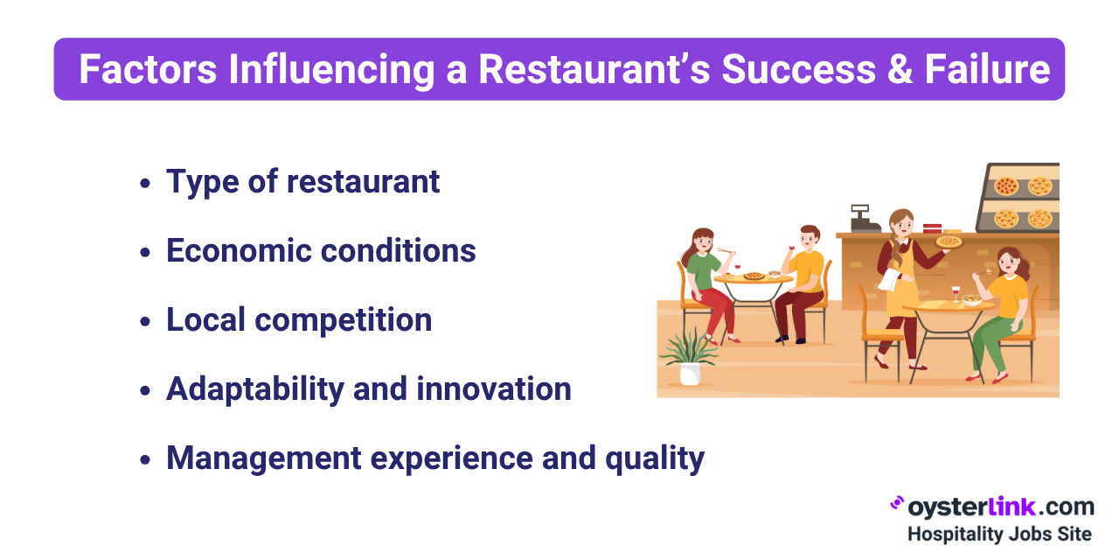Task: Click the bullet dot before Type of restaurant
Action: pyautogui.click(x=145, y=184)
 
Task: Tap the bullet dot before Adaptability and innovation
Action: pyautogui.click(x=145, y=391)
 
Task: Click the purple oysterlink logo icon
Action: pyautogui.click(x=897, y=503)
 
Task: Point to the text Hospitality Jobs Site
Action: pyautogui.click(x=998, y=533)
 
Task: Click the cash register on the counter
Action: pyautogui.click(x=865, y=218)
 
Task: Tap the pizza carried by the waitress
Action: pyautogui.click(x=949, y=241)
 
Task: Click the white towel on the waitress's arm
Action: pyautogui.click(x=889, y=280)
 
